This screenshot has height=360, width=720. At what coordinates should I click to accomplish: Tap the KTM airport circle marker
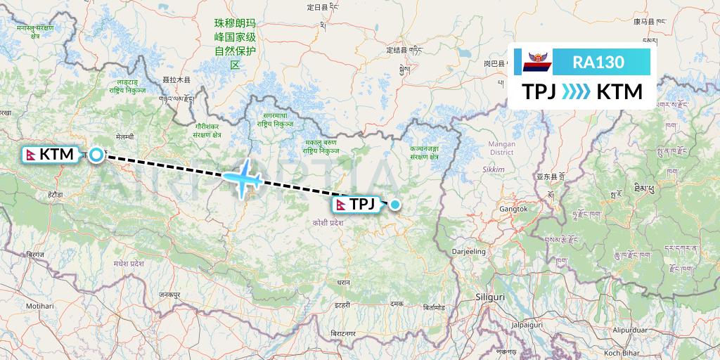[x=95, y=154]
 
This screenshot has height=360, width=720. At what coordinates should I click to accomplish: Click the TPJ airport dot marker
[x=395, y=205]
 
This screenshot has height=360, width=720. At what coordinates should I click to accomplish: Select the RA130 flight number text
[x=598, y=63]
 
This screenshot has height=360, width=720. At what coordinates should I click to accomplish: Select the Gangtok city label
[x=513, y=209]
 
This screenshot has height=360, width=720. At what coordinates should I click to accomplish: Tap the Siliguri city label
[x=490, y=297]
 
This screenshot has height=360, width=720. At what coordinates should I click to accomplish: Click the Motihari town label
[x=40, y=307]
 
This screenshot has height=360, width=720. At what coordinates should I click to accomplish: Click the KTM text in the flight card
[x=619, y=92]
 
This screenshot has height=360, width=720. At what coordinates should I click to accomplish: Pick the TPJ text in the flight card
[x=538, y=92]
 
